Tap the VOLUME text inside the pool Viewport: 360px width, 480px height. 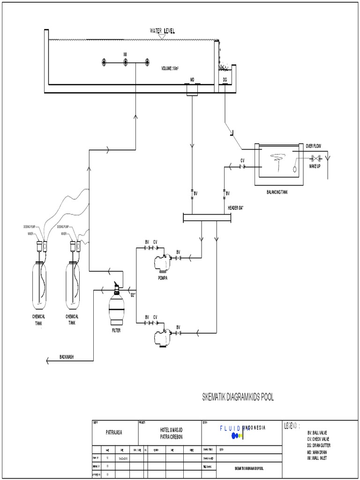[x=171, y=68]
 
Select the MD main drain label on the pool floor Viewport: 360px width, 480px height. [x=192, y=80]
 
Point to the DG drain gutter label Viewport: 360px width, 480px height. [x=225, y=80]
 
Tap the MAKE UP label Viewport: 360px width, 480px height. [x=315, y=166]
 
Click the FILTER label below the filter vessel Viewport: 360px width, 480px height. [x=116, y=330]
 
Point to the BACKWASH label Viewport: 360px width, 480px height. [x=67, y=356]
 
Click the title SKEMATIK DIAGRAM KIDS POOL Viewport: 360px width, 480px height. [x=237, y=397]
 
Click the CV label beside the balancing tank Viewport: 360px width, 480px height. [x=242, y=160]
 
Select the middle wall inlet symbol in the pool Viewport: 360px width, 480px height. [x=126, y=63]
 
